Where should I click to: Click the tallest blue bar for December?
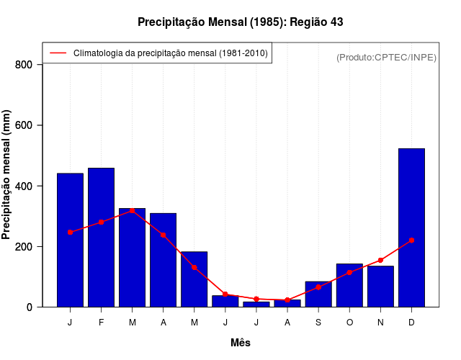411,228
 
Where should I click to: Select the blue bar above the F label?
101,238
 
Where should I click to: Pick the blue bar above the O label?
349,285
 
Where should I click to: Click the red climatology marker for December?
411,240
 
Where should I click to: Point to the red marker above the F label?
101,222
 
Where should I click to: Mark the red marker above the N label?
380,260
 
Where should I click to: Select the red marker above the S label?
318,287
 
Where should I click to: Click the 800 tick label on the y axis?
24,65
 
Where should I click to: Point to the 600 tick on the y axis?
24,125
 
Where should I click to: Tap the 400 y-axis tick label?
24,186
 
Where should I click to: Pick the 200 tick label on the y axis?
24,246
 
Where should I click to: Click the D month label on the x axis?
411,323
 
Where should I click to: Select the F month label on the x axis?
101,323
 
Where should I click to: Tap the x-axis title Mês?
241,343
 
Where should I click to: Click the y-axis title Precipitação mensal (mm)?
7,175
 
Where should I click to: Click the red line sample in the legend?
58,53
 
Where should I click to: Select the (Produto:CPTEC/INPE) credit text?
386,57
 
